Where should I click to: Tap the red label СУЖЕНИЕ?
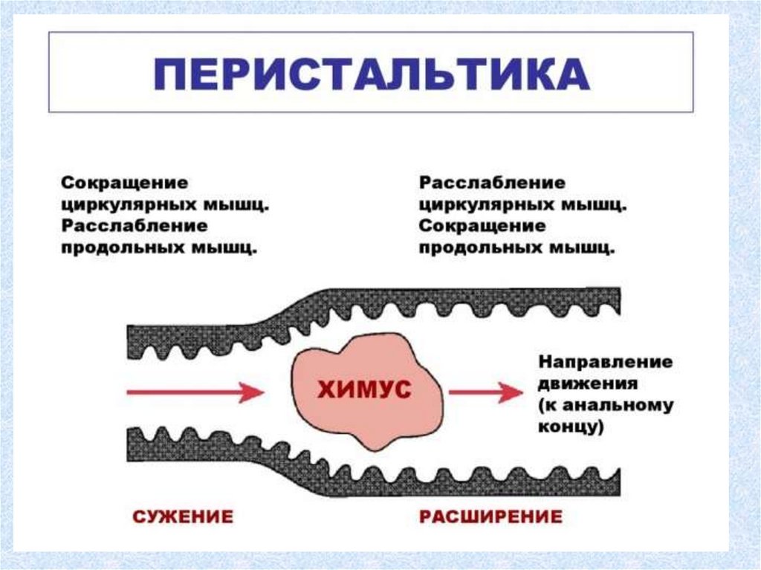[x=182, y=516]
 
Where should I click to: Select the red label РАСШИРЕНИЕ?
[x=490, y=516]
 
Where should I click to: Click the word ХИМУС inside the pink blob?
[x=364, y=389]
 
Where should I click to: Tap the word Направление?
[x=606, y=363]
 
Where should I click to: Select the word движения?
[x=587, y=385]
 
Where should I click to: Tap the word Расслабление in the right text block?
[x=492, y=183]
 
